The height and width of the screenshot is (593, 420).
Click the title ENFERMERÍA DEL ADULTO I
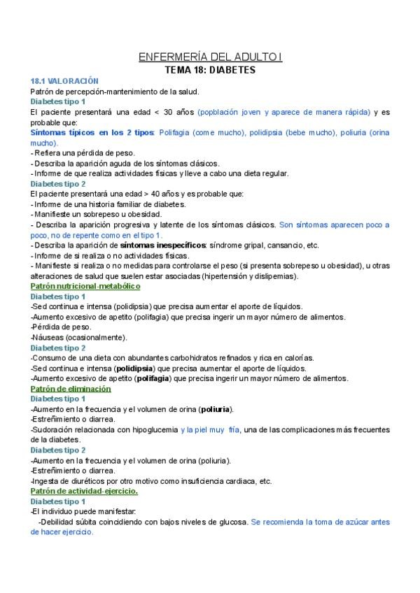point(209,57)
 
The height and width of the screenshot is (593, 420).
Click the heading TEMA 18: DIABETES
point(209,70)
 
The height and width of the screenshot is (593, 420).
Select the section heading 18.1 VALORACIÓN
point(60,81)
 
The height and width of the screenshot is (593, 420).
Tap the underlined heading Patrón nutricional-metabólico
point(86,286)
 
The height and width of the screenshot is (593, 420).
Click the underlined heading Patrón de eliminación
point(71,388)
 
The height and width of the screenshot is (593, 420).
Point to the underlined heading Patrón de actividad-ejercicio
point(85,491)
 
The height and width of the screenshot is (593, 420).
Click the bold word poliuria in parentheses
point(215,409)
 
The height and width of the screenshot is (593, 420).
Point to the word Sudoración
point(54,429)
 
